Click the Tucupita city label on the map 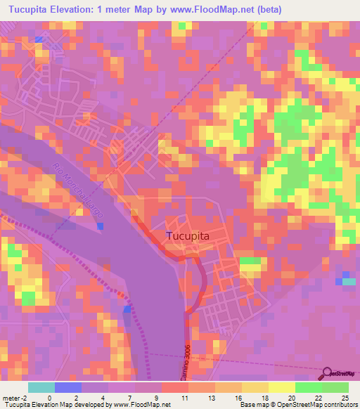click(x=188, y=237)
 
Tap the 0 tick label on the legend click(x=49, y=397)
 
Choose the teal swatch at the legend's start click(x=41, y=387)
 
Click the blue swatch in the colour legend click(x=67, y=387)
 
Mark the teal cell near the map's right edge click(x=349, y=281)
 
